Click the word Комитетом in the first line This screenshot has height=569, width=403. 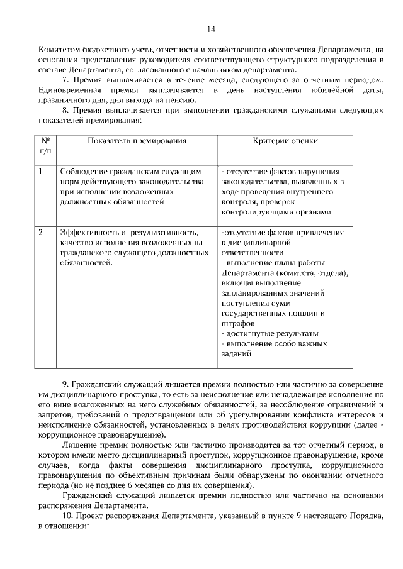tap(58, 49)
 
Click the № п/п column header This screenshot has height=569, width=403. tap(45, 146)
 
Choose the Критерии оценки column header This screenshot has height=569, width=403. tap(285, 141)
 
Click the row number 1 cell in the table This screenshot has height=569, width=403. tap(42, 171)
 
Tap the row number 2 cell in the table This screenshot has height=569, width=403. tap(42, 232)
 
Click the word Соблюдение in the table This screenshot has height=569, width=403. tap(82, 171)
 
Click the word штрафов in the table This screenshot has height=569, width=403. tap(236, 323)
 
